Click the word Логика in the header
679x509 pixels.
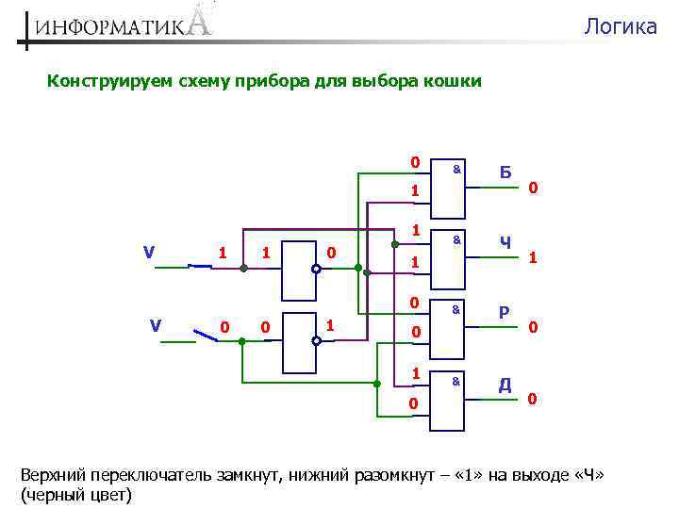coord(620,26)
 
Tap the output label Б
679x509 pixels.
coord(505,172)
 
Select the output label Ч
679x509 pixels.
coord(505,243)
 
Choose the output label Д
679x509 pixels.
coord(505,385)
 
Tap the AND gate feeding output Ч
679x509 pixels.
coord(447,257)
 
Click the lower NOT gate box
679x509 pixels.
coord(299,340)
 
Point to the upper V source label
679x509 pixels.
coord(149,252)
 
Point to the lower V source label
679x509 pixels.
coord(156,325)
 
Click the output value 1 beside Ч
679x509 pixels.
coord(534,256)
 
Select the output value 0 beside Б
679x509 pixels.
coord(533,189)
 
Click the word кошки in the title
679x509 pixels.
coord(455,81)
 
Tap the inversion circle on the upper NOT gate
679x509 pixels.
coord(317,270)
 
